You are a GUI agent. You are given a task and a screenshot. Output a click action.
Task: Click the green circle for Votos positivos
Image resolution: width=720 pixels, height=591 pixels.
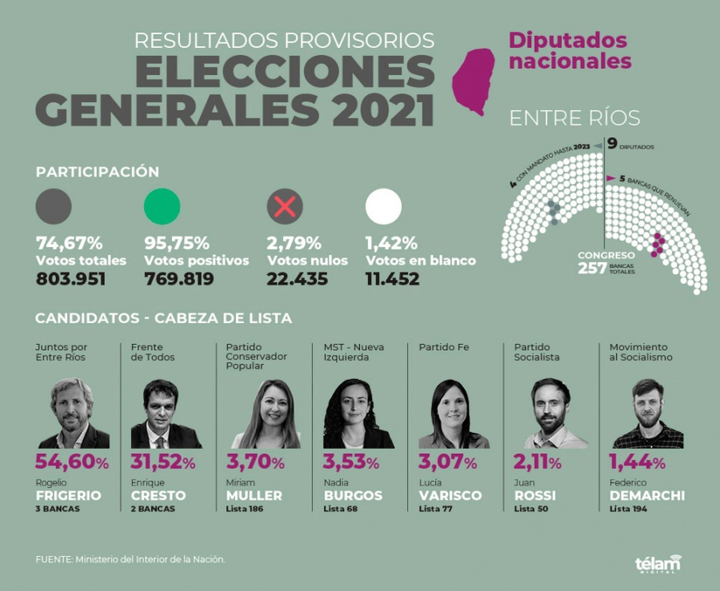pos(162,206)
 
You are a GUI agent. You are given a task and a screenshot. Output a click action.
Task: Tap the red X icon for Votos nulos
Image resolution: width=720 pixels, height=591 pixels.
pos(285,206)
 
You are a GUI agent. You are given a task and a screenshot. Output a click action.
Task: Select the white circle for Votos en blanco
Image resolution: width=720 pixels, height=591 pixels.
pos(383,206)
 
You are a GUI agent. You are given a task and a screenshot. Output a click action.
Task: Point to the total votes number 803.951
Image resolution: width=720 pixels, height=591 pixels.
pos(71,279)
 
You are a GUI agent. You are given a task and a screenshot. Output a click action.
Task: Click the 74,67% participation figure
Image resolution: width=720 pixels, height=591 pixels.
pos(69,243)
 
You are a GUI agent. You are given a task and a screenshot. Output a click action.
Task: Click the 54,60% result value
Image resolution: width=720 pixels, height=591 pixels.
pos(72,462)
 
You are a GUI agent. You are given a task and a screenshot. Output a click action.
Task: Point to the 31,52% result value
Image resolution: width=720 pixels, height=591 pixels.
pos(163,462)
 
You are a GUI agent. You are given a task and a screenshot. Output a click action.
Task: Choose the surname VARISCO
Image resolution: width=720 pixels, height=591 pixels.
pos(450,495)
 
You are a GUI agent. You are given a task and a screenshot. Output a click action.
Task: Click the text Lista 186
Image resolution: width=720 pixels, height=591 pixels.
pos(244,509)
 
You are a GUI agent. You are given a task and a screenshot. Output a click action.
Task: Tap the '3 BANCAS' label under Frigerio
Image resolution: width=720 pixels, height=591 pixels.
pos(58,509)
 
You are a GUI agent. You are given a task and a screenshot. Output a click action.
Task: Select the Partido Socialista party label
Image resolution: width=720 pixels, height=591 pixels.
pos(537,352)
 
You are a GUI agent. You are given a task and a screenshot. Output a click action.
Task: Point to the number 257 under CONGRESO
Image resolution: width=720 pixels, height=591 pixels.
pos(592,268)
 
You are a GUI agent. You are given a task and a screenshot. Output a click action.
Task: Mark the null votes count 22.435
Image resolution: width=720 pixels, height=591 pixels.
pos(297,279)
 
